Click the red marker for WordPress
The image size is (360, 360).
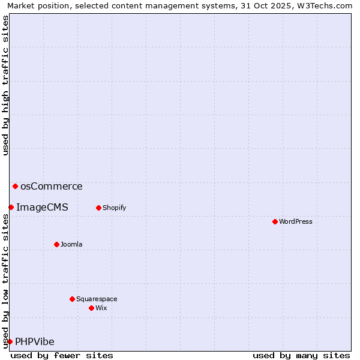point(275,221)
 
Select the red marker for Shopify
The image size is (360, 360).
point(98,208)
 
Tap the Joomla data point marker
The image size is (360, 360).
point(56,244)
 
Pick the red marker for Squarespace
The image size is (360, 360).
point(72,299)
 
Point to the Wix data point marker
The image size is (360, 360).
point(91,308)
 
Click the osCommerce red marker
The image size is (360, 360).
point(15,186)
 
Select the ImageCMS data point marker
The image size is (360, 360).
point(11,207)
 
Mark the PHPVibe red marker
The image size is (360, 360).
point(10,341)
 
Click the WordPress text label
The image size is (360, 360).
point(295,221)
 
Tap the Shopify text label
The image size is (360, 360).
point(114,208)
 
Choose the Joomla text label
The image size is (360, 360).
point(71,244)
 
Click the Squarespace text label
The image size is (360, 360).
point(97,299)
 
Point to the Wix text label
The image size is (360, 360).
point(101,308)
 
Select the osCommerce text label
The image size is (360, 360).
point(51,186)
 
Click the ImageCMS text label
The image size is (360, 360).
point(42,208)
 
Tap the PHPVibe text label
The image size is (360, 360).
point(35,342)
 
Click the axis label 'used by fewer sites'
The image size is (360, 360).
point(62,355)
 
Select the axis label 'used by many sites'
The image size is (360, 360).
point(301,355)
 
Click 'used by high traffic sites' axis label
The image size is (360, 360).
point(5,85)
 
